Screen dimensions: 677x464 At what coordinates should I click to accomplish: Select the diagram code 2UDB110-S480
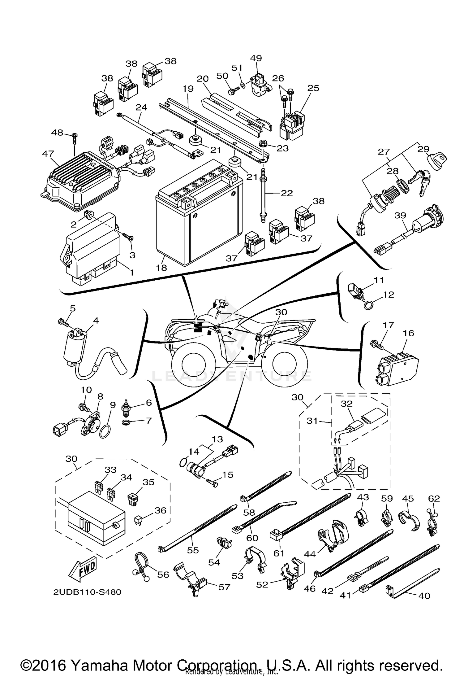click(87, 592)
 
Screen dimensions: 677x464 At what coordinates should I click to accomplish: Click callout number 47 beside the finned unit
click(48, 154)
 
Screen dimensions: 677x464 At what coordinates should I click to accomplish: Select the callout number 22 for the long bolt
click(286, 193)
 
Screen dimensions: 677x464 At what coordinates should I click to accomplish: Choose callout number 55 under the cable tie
click(192, 550)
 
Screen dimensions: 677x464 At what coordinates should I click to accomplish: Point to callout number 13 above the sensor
click(217, 439)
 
